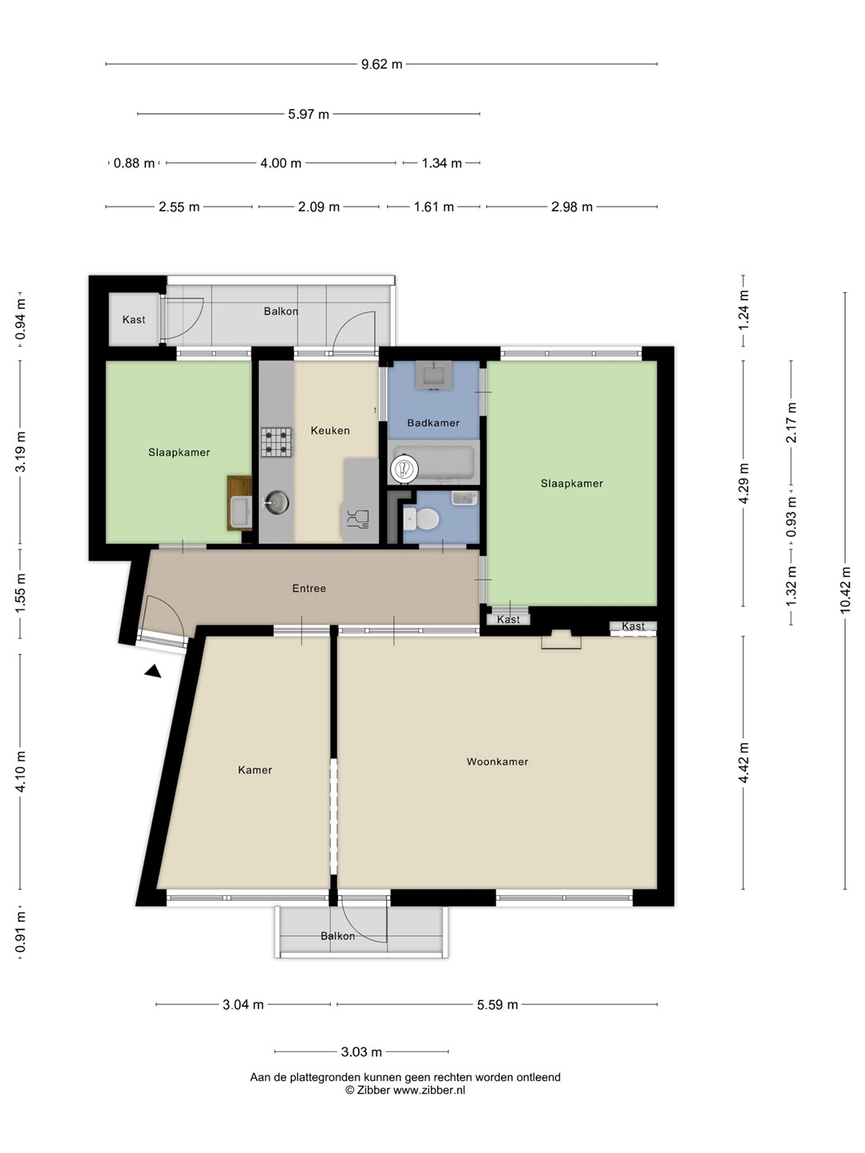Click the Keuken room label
coord(330,431)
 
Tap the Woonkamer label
coord(497,761)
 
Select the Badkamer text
coord(433,423)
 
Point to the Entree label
coord(309,589)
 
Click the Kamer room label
coord(255,770)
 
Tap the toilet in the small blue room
coord(421,520)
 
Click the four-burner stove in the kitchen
coord(276,442)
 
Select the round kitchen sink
coord(276,503)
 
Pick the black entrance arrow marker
coord(153,671)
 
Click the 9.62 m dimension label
coord(382,64)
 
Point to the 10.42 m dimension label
coord(845,590)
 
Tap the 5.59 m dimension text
coord(497,1005)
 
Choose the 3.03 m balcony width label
coord(361,1052)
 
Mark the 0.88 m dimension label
coord(134,163)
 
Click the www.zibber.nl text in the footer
coord(429,1090)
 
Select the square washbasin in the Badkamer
coord(430,375)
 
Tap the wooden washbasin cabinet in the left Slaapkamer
coord(239,503)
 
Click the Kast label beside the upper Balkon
coord(134,319)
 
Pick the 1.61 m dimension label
coord(434,207)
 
